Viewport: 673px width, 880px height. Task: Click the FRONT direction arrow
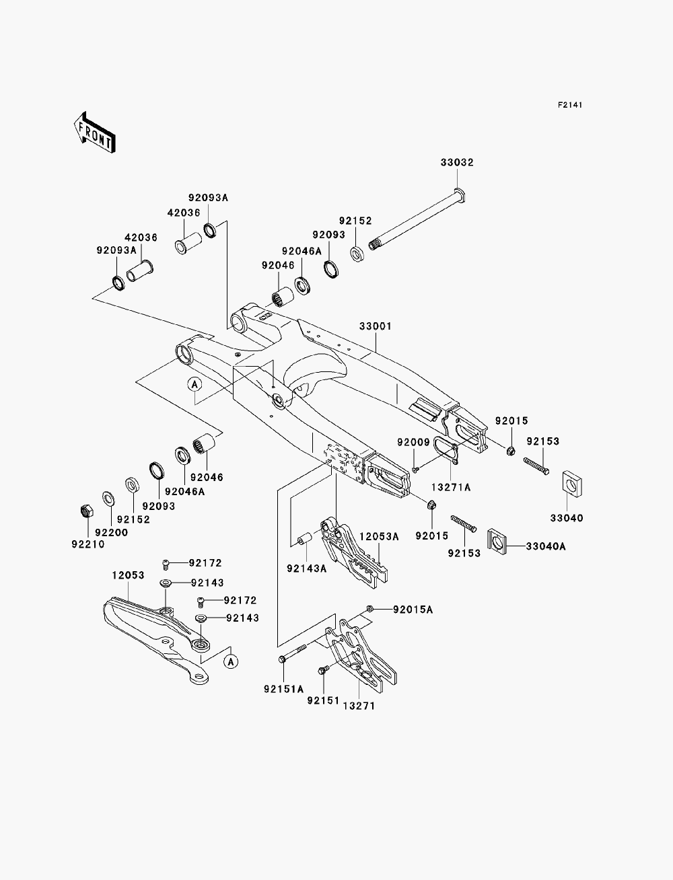pyautogui.click(x=95, y=132)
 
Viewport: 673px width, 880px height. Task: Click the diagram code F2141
pyautogui.click(x=570, y=105)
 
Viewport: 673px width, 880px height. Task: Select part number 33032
pyautogui.click(x=457, y=162)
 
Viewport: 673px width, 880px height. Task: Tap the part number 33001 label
pyautogui.click(x=376, y=326)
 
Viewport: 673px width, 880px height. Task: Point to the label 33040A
pyautogui.click(x=546, y=546)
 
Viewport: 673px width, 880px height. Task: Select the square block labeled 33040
pyautogui.click(x=572, y=483)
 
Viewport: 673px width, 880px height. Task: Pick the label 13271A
pyautogui.click(x=451, y=488)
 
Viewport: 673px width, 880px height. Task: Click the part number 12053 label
pyautogui.click(x=128, y=575)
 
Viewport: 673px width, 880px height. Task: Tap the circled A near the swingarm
pyautogui.click(x=194, y=384)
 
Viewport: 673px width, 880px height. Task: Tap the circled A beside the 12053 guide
pyautogui.click(x=231, y=661)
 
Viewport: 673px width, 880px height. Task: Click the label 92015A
pyautogui.click(x=413, y=610)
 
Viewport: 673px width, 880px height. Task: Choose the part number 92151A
pyautogui.click(x=284, y=689)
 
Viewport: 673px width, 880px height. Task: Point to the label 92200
pyautogui.click(x=112, y=532)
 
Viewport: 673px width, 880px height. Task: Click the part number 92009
pyautogui.click(x=413, y=442)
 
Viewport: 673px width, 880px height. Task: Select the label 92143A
pyautogui.click(x=307, y=569)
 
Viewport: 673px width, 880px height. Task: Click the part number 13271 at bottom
pyautogui.click(x=359, y=706)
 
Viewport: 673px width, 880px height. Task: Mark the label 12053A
pyautogui.click(x=379, y=536)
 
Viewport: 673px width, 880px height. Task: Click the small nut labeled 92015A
pyautogui.click(x=370, y=610)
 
